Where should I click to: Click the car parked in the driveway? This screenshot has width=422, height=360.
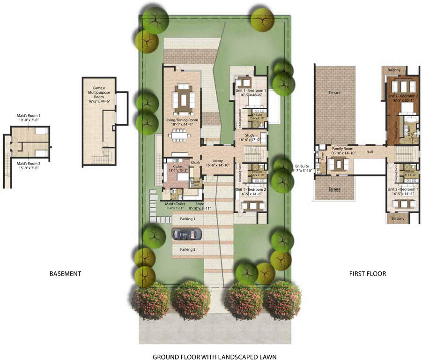click(x=187, y=234)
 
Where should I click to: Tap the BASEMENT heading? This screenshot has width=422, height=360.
click(x=66, y=274)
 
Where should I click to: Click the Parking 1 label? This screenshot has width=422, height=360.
click(x=188, y=219)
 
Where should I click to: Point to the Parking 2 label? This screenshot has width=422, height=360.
click(x=188, y=249)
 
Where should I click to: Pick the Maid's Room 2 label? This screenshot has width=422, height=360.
click(x=29, y=164)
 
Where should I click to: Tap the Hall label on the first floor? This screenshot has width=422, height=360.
click(x=370, y=152)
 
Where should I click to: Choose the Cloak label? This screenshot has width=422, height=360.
click(x=196, y=162)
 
